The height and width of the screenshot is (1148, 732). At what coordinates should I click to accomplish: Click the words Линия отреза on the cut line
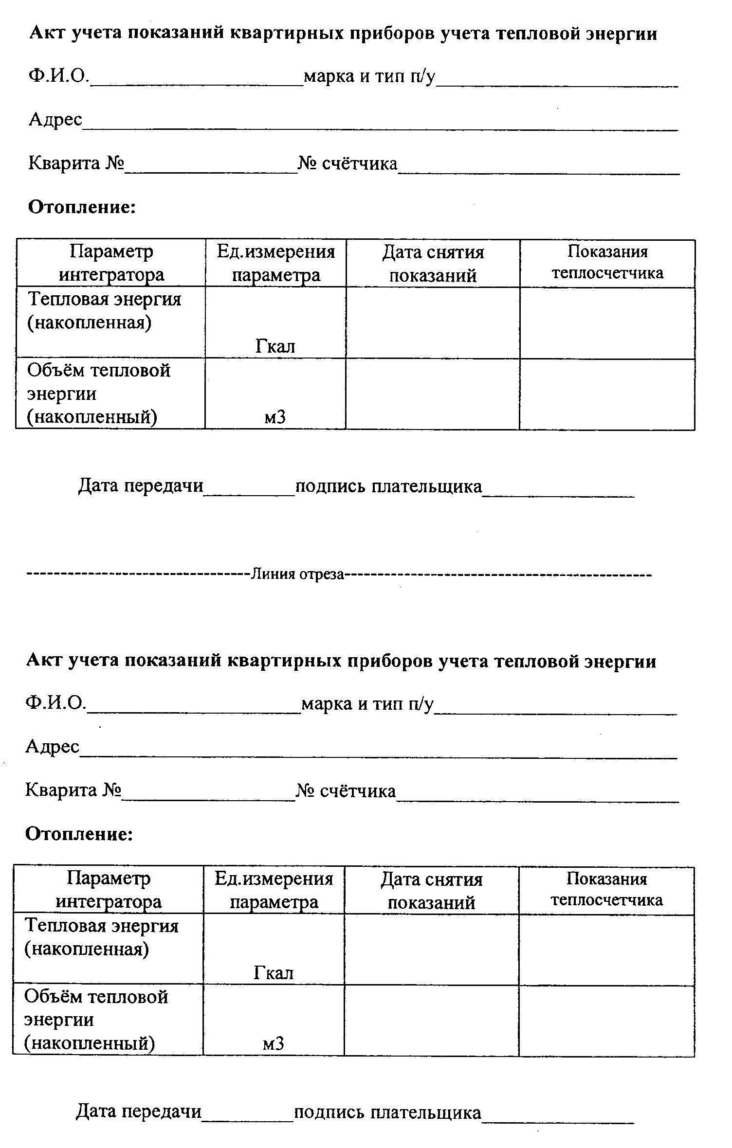[x=297, y=574]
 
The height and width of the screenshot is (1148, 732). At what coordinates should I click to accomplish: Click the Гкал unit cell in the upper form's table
[x=275, y=346]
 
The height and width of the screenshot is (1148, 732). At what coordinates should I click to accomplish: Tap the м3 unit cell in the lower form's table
[x=273, y=1043]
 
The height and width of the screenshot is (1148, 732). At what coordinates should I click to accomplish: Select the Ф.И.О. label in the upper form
[x=59, y=76]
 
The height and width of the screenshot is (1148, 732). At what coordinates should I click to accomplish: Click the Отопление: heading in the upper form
[x=82, y=207]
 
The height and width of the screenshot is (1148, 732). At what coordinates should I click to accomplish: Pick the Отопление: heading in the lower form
[x=79, y=834]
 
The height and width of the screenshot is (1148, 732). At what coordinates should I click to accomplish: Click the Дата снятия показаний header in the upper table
[x=433, y=263]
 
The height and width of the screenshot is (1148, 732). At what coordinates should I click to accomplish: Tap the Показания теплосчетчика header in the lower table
[x=606, y=889]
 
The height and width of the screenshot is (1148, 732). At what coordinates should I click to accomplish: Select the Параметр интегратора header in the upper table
[x=111, y=263]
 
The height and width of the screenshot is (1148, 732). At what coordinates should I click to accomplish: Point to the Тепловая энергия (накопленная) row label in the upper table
[x=104, y=310]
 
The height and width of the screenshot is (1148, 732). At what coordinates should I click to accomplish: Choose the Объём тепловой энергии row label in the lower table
[x=96, y=1020]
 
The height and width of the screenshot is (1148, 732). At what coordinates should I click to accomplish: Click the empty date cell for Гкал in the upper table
[x=433, y=323]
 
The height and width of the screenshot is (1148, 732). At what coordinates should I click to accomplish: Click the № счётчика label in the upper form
[x=348, y=163]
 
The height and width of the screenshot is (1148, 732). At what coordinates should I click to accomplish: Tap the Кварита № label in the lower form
[x=73, y=790]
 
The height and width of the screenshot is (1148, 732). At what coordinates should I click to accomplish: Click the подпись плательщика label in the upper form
[x=388, y=486]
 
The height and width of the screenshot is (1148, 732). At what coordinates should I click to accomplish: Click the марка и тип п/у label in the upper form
[x=369, y=76]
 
